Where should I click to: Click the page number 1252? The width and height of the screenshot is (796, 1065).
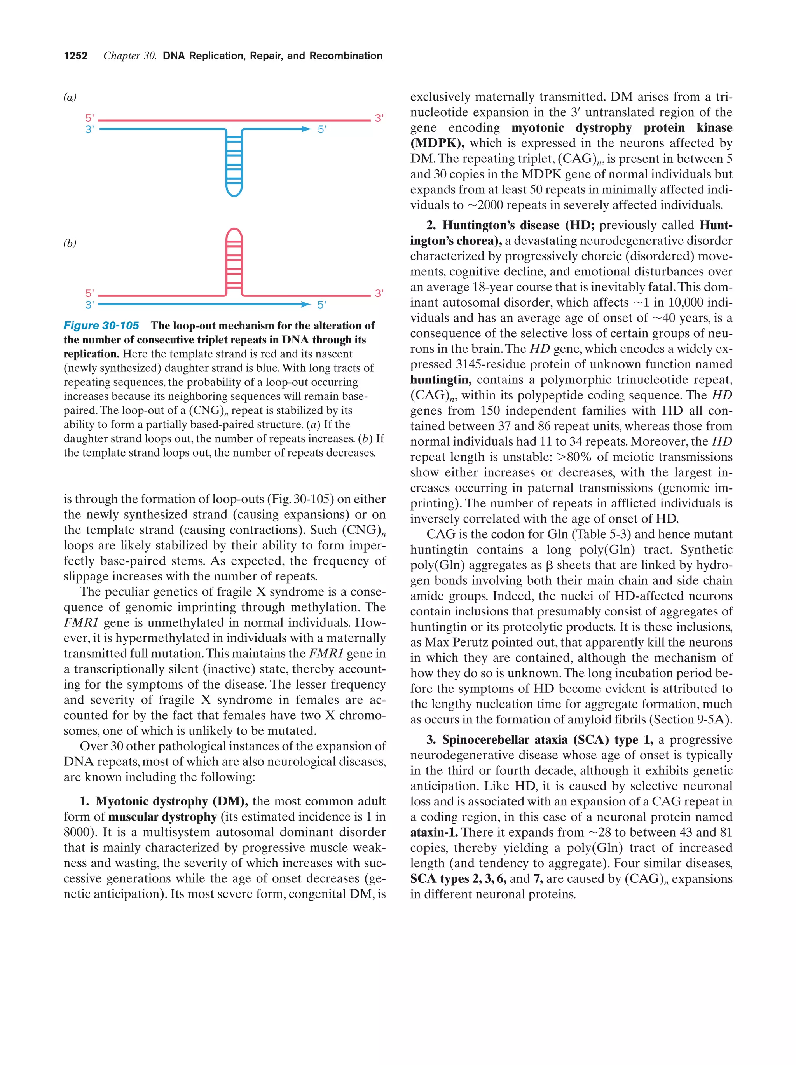76,56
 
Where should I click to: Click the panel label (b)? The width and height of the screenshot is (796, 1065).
70,243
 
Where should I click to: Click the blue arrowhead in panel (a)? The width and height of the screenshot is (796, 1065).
306,129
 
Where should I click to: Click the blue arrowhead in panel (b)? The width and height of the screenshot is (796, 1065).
306,304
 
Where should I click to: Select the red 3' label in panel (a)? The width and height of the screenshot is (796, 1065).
379,118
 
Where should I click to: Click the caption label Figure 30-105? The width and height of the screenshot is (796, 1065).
101,326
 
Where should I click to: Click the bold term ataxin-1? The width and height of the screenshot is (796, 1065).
434,832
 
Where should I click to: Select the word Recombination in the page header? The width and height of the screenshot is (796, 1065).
346,56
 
